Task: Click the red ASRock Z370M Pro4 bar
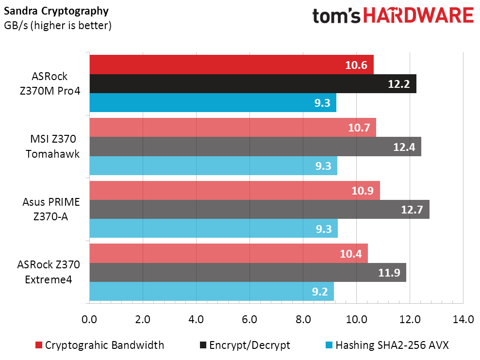pyautogui.click(x=232, y=65)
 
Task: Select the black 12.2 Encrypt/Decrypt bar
pyautogui.click(x=253, y=83)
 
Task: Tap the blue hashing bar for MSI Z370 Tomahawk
pyautogui.click(x=214, y=165)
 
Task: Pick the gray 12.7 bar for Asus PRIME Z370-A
pyautogui.click(x=260, y=210)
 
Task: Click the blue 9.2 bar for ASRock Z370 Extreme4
pyautogui.click(x=212, y=291)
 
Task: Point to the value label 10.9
pyautogui.click(x=363, y=191)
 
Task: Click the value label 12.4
pyautogui.click(x=404, y=147)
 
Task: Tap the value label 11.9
pyautogui.click(x=389, y=273)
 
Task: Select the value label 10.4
pyautogui.click(x=351, y=254)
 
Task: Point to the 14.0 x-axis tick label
pyautogui.click(x=463, y=320)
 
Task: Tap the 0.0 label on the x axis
pyautogui.click(x=89, y=320)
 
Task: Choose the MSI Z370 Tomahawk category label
pyautogui.click(x=52, y=147)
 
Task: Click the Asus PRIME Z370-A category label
pyautogui.click(x=51, y=210)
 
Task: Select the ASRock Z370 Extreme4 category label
pyautogui.click(x=49, y=272)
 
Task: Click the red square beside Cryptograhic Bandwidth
pyautogui.click(x=38, y=345)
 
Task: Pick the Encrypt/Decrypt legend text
pyautogui.click(x=249, y=345)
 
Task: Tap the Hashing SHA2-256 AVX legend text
pyautogui.click(x=392, y=345)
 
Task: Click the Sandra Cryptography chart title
pyautogui.click(x=56, y=11)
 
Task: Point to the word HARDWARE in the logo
pyautogui.click(x=419, y=16)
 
